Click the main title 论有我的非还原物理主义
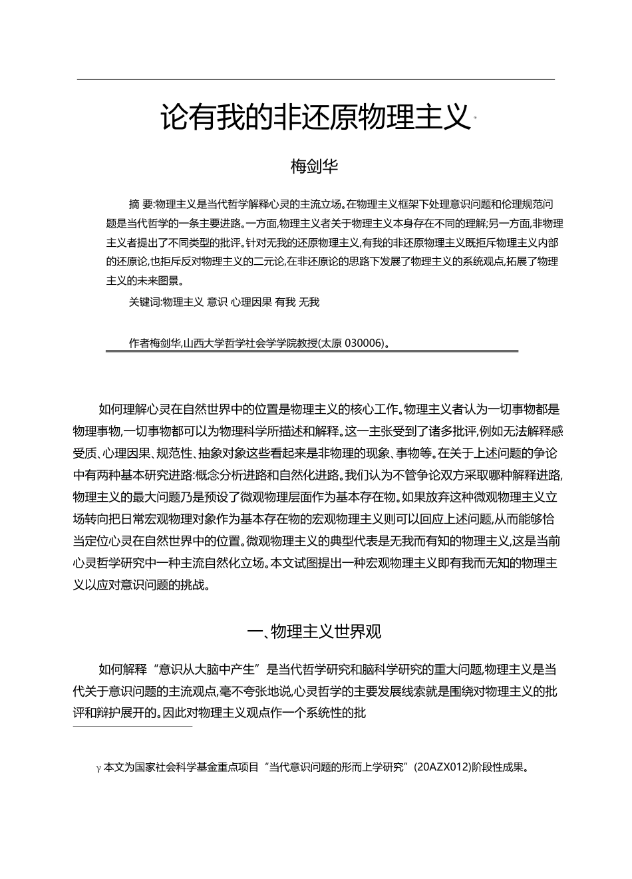click(x=315, y=118)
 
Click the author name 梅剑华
click(x=315, y=166)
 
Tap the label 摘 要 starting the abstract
click(x=140, y=204)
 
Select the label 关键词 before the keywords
click(x=145, y=302)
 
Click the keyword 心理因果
click(x=251, y=302)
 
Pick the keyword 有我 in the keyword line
click(x=285, y=302)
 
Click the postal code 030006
click(x=365, y=343)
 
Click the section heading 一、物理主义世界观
click(x=315, y=631)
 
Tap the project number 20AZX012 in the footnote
click(x=443, y=767)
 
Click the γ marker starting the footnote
click(x=98, y=768)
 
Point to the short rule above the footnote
click(x=132, y=726)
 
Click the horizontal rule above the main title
click(x=315, y=80)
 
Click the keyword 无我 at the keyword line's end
click(x=309, y=302)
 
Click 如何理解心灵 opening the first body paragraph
click(x=128, y=409)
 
